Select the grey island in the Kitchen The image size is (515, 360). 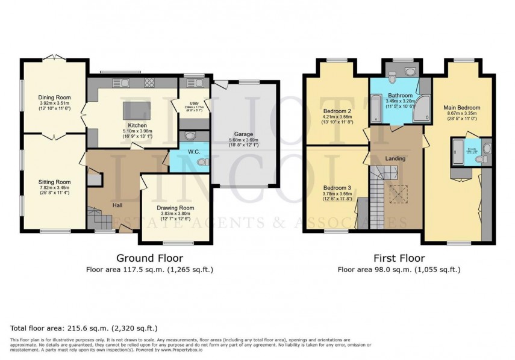(135, 111)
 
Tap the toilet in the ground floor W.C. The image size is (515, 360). (203, 161)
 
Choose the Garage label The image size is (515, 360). (243, 135)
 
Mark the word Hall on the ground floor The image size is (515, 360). (118, 205)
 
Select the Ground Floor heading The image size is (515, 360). (142, 258)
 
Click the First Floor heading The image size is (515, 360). (399, 258)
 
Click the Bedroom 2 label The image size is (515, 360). (337, 111)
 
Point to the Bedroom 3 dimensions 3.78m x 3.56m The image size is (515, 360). (337, 194)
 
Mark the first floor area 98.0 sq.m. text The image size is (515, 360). (399, 270)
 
